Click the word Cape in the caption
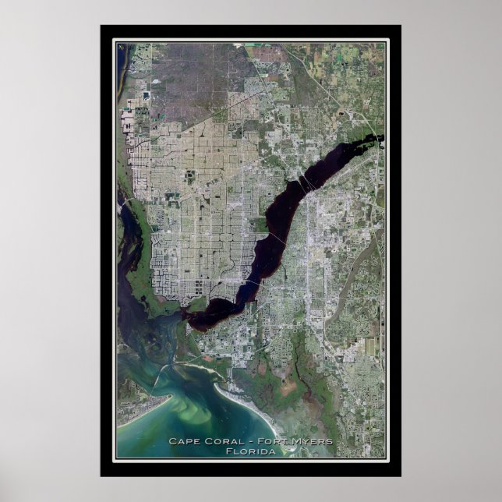[182, 442]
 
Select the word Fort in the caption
[267, 442]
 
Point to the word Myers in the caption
[310, 442]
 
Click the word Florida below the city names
[250, 451]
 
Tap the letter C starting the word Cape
[171, 442]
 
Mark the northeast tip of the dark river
[381, 139]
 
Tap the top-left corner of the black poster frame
[101, 26]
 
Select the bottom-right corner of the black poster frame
[401, 475]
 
